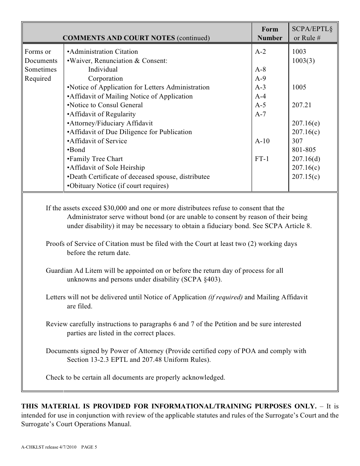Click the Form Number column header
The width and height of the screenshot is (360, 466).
(269, 33)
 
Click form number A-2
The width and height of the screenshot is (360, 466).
(260, 52)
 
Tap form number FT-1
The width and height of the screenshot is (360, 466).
(262, 159)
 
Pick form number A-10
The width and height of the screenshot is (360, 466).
(262, 141)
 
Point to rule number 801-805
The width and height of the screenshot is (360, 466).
(304, 150)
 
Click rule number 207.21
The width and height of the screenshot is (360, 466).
(301, 105)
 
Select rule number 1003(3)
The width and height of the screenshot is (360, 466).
(303, 61)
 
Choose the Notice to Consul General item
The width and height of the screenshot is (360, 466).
(105, 105)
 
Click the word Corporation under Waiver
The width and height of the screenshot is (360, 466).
(105, 78)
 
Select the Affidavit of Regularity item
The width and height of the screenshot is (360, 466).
(101, 114)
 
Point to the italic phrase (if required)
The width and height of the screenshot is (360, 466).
(225, 297)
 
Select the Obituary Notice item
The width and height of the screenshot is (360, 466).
(118, 186)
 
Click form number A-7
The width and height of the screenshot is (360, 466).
(260, 114)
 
